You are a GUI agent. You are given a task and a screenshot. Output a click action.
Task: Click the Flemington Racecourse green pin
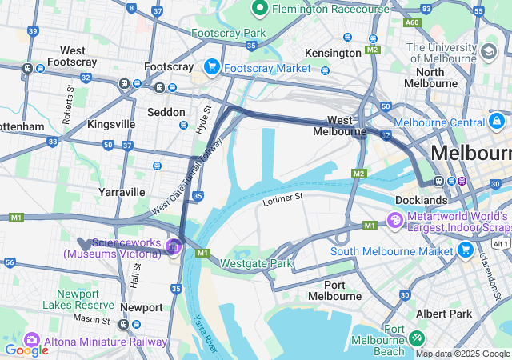pyautogui.click(x=259, y=10)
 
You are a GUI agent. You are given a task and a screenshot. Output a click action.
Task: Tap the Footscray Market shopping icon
pyautogui.click(x=212, y=67)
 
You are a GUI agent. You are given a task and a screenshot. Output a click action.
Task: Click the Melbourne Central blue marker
pyautogui.click(x=497, y=122)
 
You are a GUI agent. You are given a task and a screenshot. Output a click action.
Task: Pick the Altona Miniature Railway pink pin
pyautogui.click(x=33, y=340)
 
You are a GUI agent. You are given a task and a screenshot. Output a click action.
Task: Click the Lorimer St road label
pyautogui.click(x=284, y=197)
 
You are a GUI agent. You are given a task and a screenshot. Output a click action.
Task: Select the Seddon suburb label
pyautogui.click(x=166, y=112)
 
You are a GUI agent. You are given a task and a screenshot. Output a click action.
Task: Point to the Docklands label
pyautogui.click(x=421, y=199)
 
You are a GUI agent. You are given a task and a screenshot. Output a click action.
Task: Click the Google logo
pyautogui.click(x=26, y=350)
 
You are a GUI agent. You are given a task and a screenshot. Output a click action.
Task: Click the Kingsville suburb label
pyautogui.click(x=111, y=124)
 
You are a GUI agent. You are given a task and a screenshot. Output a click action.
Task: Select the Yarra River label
pyautogui.click(x=206, y=334)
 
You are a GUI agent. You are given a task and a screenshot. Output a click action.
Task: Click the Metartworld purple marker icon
pyautogui.click(x=395, y=219)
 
